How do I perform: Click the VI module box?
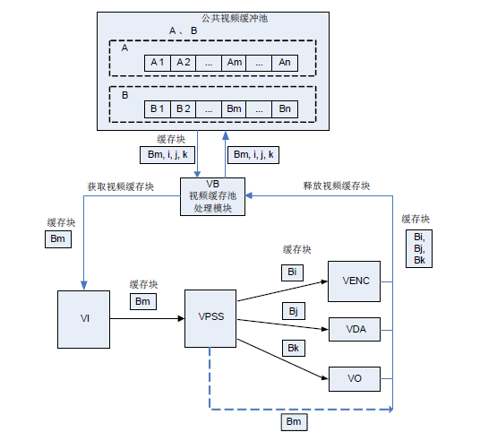84,318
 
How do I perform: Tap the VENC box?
356,281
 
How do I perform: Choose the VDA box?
356,329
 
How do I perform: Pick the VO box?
356,379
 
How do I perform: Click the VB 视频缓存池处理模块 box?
212,195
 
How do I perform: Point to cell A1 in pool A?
158,63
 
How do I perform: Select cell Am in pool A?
235,63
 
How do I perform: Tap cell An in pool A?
285,63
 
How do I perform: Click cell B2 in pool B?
183,109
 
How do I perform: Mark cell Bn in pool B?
285,109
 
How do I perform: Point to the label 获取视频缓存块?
120,187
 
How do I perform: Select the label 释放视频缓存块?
336,186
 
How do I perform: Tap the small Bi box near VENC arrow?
291,271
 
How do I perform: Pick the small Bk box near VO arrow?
293,348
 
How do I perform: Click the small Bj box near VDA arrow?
293,311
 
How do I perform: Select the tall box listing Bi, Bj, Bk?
418,248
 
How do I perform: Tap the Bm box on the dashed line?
293,421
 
